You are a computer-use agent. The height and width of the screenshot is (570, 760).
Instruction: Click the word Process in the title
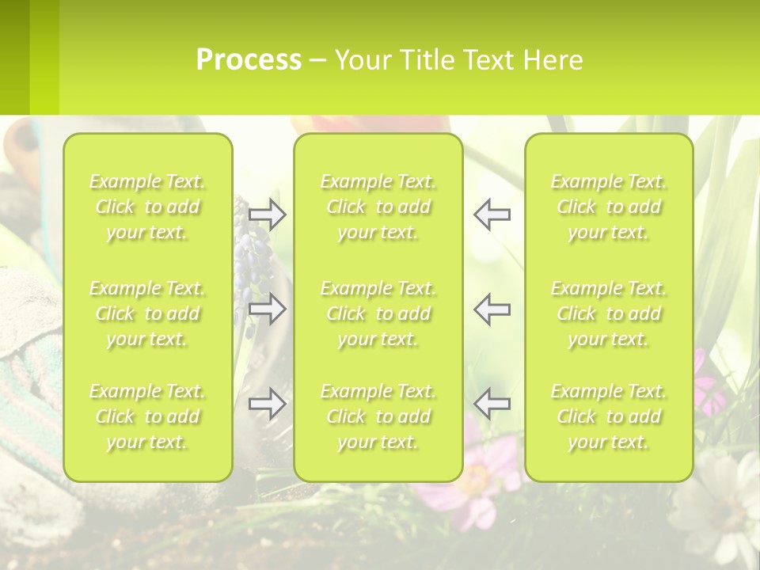pos(249,60)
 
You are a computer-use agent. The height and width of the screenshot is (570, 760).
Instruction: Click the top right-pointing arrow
pos(267,215)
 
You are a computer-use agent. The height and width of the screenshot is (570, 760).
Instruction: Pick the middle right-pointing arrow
pos(267,309)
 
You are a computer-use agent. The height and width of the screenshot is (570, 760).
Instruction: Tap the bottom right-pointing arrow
pos(267,404)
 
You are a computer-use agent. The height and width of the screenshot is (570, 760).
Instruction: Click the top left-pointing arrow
pos(492,215)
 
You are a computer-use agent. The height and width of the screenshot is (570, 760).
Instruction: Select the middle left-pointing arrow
pos(492,309)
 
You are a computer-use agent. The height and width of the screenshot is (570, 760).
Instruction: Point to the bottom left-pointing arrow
pos(492,404)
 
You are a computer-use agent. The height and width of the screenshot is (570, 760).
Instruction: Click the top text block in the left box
pos(147,207)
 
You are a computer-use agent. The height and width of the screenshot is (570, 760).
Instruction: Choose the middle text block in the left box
pos(147,313)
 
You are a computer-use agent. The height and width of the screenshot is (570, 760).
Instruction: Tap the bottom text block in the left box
pos(147,416)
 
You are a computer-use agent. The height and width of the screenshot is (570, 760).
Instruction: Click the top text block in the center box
pos(378,207)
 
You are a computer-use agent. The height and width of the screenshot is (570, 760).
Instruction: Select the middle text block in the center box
pos(378,313)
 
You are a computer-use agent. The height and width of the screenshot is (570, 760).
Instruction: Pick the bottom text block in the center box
pos(378,416)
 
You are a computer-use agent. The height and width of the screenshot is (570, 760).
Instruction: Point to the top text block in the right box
pos(609,207)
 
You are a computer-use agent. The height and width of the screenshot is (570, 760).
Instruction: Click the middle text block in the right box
pos(609,313)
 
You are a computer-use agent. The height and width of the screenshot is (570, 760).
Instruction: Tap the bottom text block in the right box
pos(609,416)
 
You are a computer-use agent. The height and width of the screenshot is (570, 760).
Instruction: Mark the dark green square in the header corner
pos(14,57)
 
